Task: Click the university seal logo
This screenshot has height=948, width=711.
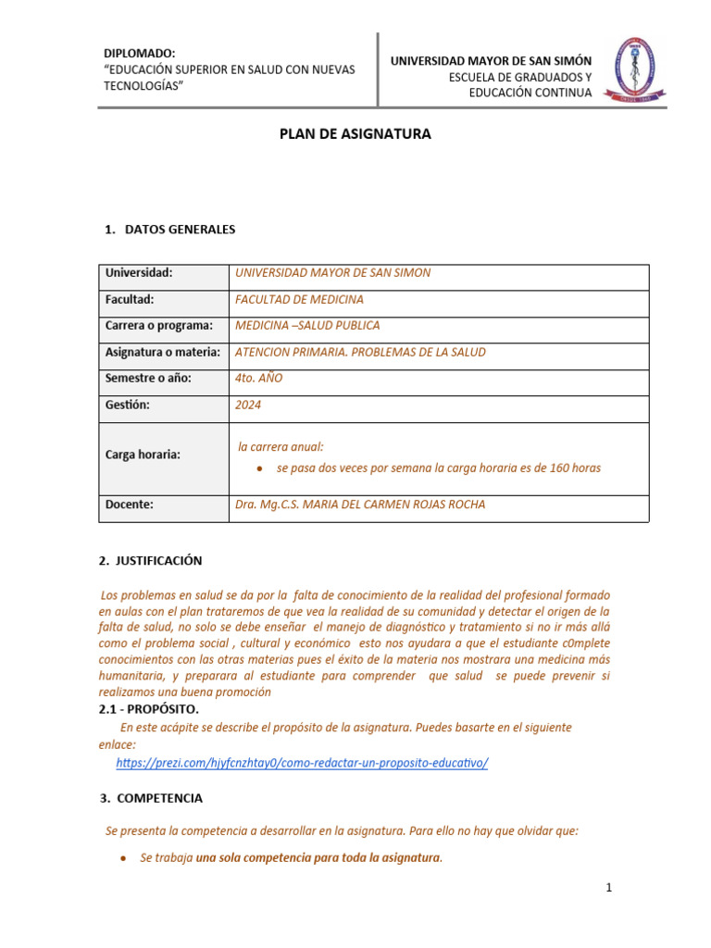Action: point(634,68)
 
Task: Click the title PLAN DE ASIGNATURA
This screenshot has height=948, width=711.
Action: point(355,134)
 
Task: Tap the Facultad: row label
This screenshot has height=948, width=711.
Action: point(130,299)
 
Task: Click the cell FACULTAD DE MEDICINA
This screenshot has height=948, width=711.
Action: point(300,299)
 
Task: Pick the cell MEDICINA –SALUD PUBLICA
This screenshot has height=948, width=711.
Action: point(307,326)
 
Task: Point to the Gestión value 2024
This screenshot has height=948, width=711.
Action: point(249,405)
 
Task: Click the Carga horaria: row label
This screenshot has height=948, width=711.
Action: point(143,455)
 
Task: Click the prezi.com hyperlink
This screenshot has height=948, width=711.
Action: point(302,762)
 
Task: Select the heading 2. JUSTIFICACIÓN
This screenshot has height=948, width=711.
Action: point(150,561)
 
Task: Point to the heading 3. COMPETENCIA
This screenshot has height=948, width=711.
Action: point(151,798)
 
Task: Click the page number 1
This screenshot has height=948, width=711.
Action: point(609,888)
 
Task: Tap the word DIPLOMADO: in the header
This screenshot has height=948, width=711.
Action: point(139,54)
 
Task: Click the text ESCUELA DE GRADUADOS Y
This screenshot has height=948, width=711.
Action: point(519,77)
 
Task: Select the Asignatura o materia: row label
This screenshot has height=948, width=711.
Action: point(163,352)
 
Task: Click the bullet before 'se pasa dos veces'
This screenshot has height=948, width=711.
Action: point(262,468)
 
